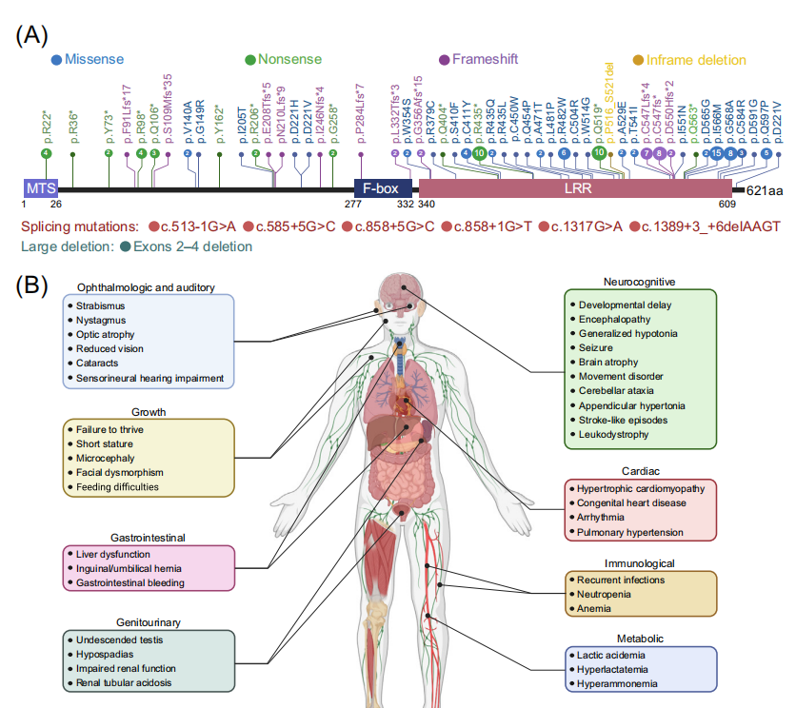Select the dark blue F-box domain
383,189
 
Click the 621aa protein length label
765,190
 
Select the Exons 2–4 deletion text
194,247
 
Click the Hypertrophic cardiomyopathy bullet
641,488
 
